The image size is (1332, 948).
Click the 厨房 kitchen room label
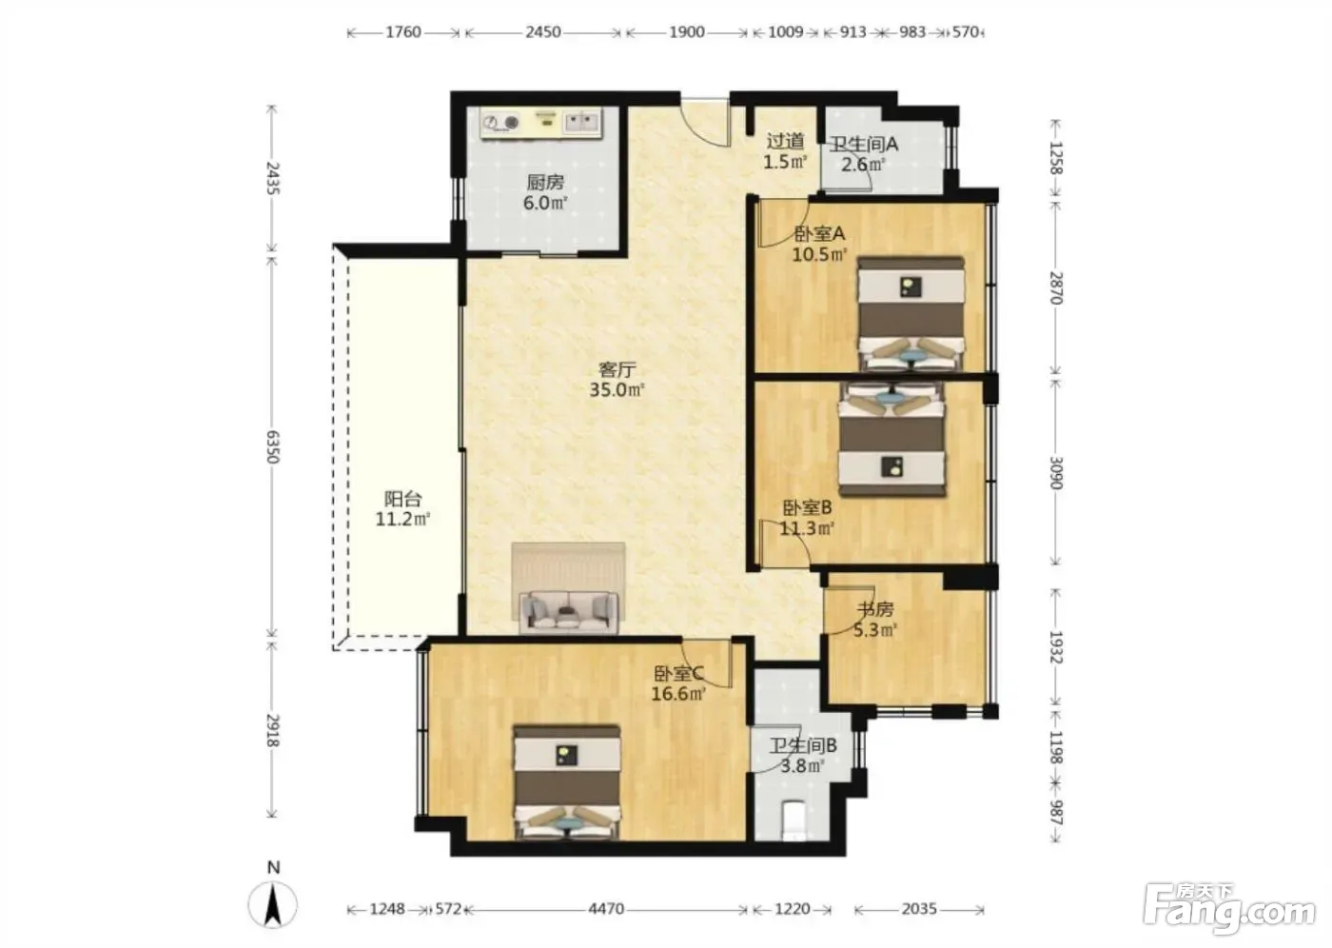544,182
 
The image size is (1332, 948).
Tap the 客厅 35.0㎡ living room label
617,380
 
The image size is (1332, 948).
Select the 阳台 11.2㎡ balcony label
402,508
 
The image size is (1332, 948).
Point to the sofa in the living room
569,612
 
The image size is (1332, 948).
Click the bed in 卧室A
911,314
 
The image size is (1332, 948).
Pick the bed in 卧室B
891,440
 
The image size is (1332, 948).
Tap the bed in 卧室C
567,781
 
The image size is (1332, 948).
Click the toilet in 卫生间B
793,820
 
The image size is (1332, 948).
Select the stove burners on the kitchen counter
500,123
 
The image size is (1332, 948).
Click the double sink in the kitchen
581,123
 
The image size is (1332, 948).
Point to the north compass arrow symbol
273,904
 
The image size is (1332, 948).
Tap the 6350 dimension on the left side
272,446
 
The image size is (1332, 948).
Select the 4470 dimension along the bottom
606,909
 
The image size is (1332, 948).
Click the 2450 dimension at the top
542,31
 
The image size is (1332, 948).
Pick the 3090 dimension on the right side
1055,473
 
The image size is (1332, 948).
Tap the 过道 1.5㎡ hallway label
785,151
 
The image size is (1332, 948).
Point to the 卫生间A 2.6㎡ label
864,154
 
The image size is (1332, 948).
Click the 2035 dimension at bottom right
919,909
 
